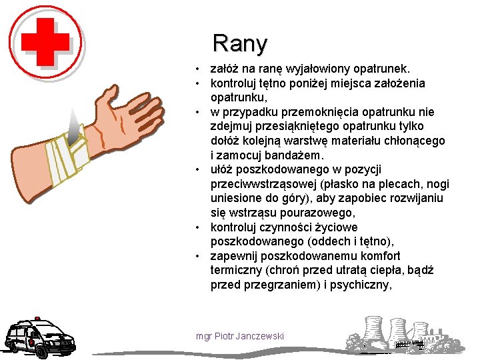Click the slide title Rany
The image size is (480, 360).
point(239,43)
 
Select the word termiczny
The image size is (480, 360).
point(236,271)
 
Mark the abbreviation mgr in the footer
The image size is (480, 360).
point(203,335)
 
